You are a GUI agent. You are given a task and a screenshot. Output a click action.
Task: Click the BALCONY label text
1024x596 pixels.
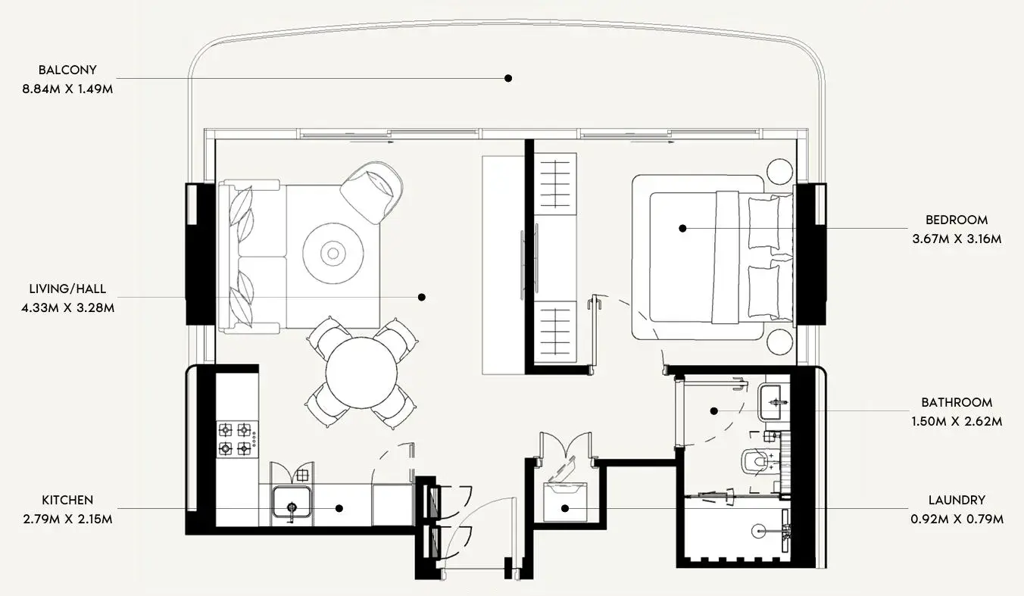pyautogui.click(x=67, y=70)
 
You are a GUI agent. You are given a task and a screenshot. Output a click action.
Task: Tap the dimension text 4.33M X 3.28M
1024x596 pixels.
pyautogui.click(x=67, y=307)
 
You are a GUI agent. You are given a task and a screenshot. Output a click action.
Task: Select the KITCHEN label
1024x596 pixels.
pyautogui.click(x=67, y=500)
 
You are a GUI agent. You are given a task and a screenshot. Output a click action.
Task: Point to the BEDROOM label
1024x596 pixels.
pyautogui.click(x=957, y=220)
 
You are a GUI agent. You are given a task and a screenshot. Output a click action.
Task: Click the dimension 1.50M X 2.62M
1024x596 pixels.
pyautogui.click(x=957, y=421)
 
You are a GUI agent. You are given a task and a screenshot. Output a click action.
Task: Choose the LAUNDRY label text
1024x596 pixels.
pyautogui.click(x=957, y=500)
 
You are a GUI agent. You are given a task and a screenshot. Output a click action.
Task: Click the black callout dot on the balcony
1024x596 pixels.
pyautogui.click(x=508, y=78)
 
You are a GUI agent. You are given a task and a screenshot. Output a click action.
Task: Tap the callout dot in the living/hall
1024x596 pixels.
pyautogui.click(x=421, y=297)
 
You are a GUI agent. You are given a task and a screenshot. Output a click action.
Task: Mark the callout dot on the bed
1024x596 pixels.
pyautogui.click(x=682, y=228)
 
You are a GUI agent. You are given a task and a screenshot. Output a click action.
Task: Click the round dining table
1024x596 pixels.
pyautogui.click(x=361, y=373)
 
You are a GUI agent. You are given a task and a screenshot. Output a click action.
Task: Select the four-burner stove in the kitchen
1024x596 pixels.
pyautogui.click(x=237, y=438)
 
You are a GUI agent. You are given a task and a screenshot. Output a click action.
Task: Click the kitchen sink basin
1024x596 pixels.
pyautogui.click(x=292, y=502)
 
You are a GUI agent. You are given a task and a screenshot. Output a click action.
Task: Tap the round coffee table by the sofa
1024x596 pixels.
pyautogui.click(x=332, y=253)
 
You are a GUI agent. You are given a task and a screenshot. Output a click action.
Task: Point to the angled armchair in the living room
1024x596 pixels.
pyautogui.click(x=371, y=193)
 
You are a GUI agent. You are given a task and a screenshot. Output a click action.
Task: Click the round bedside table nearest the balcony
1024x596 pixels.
pyautogui.click(x=779, y=171)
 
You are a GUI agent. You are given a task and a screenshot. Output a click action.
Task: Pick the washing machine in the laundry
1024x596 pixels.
pyautogui.click(x=565, y=502)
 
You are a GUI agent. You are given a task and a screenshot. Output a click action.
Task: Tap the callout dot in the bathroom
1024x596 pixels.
pyautogui.click(x=713, y=411)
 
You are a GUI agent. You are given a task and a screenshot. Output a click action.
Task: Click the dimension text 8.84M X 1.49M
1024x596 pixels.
pyautogui.click(x=67, y=89)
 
